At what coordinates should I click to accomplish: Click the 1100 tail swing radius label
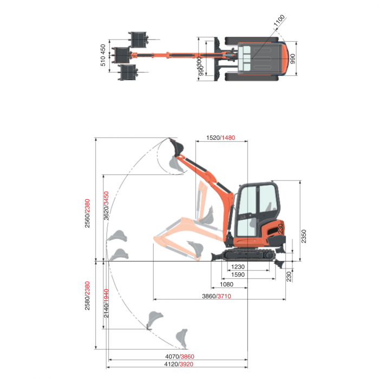pos(279,21)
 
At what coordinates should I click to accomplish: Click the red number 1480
pos(228,138)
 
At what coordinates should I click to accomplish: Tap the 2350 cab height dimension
pos(304,237)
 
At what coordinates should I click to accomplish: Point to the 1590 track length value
pos(238,275)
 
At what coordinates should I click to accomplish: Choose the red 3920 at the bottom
pos(187,364)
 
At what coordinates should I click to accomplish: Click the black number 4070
pos(172,356)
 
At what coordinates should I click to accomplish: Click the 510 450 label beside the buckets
pos(103,55)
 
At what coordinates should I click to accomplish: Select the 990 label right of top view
pos(293,59)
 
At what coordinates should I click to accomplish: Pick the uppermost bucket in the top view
pos(138,39)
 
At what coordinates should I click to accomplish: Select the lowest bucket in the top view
pos(128,73)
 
